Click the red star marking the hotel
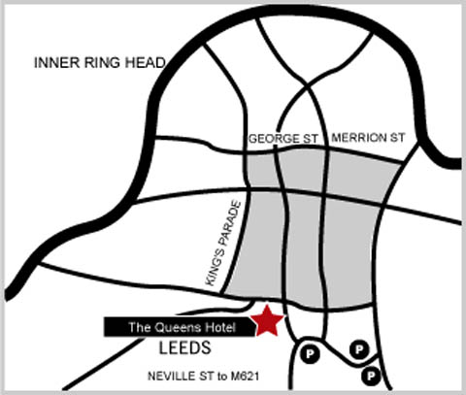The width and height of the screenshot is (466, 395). (x=268, y=321)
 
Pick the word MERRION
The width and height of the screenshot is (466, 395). (x=359, y=138)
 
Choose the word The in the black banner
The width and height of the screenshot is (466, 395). (x=140, y=327)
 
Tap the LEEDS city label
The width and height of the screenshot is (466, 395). (x=184, y=348)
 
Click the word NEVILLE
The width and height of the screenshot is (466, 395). (x=171, y=377)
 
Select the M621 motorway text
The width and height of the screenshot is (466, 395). (x=245, y=377)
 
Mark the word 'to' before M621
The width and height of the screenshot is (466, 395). (x=222, y=377)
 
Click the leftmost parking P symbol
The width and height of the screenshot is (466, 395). (x=310, y=353)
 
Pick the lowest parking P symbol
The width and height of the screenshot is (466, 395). (x=371, y=376)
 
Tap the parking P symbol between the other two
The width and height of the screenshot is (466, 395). (x=359, y=349)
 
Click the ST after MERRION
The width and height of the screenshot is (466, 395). (x=397, y=138)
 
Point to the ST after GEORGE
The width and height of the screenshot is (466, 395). (x=311, y=139)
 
